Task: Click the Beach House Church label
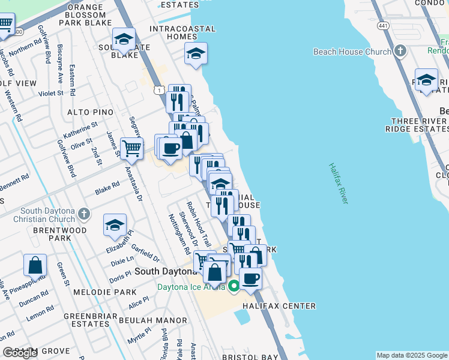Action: coord(352,52)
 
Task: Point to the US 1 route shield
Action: coord(158,89)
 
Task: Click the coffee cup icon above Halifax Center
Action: coord(250,278)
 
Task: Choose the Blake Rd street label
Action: coord(107,190)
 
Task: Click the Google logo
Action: coord(20,353)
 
